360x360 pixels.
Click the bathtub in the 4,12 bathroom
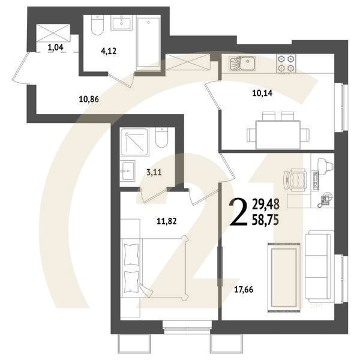click(147, 44)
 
